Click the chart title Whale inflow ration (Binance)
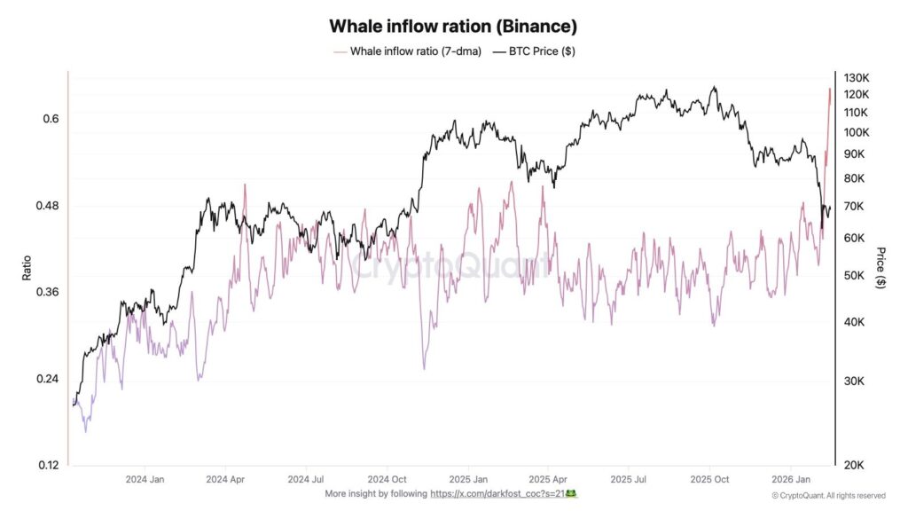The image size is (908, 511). tap(453, 27)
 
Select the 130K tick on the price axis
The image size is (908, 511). tap(857, 78)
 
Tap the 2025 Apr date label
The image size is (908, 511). tap(548, 478)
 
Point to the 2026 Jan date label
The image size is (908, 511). tap(790, 478)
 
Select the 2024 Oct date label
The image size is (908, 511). tap(387, 478)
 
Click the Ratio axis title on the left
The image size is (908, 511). tap(27, 268)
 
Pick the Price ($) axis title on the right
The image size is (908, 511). tap(880, 268)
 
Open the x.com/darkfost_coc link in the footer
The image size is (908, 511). tap(503, 493)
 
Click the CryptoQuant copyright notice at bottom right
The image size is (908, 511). tap(828, 495)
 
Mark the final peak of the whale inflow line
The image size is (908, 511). tap(830, 88)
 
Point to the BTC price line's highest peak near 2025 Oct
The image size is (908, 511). tap(715, 87)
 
